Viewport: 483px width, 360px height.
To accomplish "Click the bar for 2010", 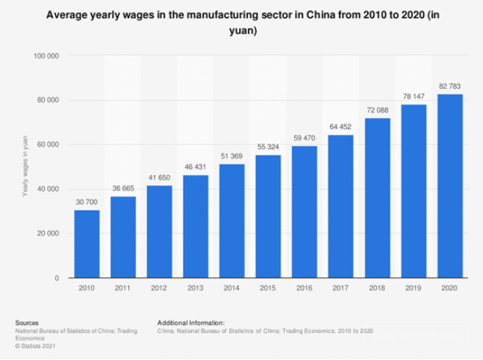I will click(87, 243).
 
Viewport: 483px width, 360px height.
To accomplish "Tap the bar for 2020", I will click(449, 186).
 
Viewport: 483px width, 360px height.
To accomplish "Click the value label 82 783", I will click(449, 87).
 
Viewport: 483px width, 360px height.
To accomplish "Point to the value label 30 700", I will click(87, 203).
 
